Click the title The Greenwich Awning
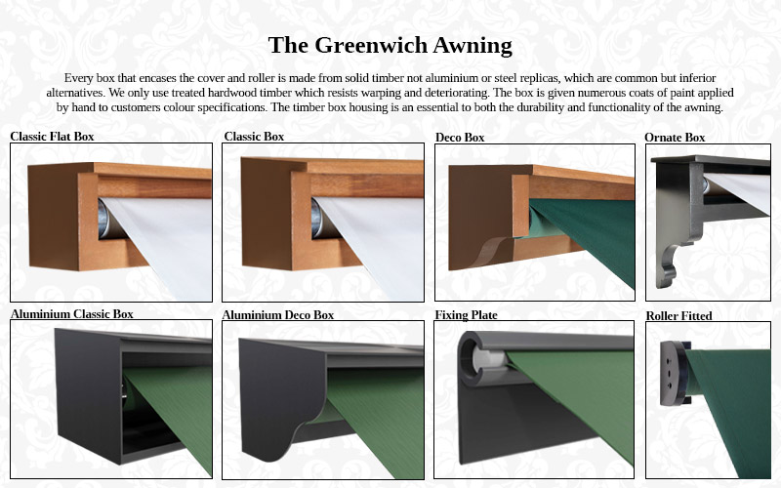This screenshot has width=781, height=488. click(x=390, y=45)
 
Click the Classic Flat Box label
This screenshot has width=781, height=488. click(x=52, y=137)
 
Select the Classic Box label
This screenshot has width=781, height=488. click(x=254, y=137)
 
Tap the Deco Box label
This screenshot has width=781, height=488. click(x=460, y=138)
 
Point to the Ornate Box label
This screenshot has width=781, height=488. click(x=675, y=138)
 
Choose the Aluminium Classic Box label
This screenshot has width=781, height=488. click(x=71, y=314)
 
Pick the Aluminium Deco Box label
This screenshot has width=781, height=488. click(x=277, y=315)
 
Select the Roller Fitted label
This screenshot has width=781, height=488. click(x=678, y=316)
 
